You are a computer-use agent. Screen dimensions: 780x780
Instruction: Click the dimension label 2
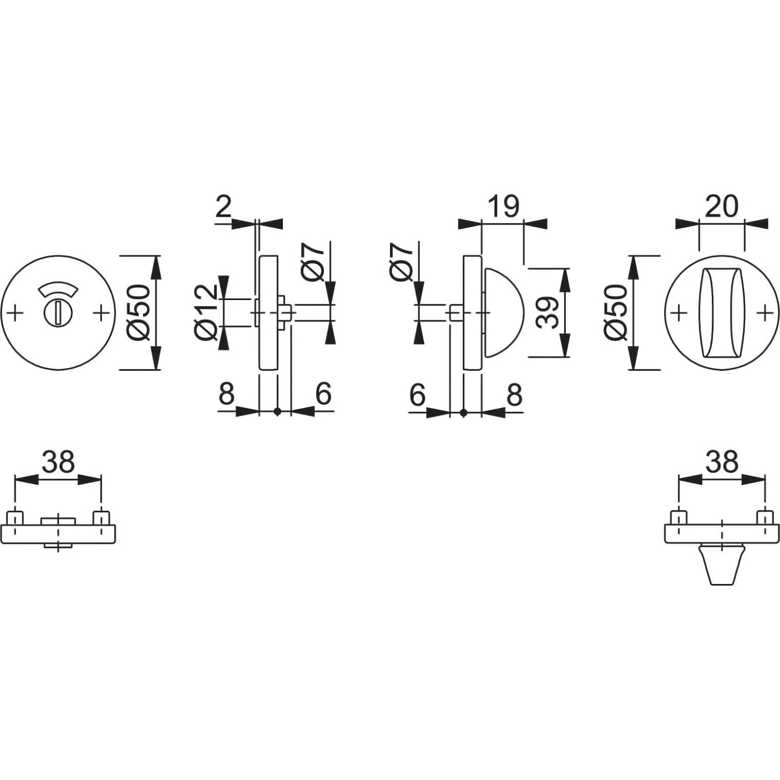pyautogui.click(x=223, y=207)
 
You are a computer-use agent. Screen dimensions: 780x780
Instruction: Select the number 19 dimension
pyautogui.click(x=503, y=206)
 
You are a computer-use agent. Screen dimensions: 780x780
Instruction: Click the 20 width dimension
pyautogui.click(x=721, y=206)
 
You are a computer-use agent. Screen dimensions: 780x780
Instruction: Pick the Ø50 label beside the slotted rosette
pyautogui.click(x=138, y=313)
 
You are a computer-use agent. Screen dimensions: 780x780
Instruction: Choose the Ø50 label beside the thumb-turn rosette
pyautogui.click(x=617, y=313)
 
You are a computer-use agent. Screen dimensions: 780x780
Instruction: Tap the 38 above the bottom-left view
pyautogui.click(x=58, y=462)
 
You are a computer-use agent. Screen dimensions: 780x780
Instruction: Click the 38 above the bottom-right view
pyautogui.click(x=722, y=462)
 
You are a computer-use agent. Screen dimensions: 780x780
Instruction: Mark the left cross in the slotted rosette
pyautogui.click(x=16, y=313)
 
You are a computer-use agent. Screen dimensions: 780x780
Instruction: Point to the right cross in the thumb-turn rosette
pyautogui.click(x=764, y=313)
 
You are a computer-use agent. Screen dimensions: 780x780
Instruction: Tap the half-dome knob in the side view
pyautogui.click(x=503, y=313)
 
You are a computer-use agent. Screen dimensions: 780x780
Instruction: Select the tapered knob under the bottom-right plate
pyautogui.click(x=721, y=565)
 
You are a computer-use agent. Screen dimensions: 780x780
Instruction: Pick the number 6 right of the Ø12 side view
pyautogui.click(x=323, y=394)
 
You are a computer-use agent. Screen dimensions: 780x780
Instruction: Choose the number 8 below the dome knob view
pyautogui.click(x=514, y=395)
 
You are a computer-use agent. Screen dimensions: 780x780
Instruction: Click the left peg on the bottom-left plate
pyautogui.click(x=15, y=518)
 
